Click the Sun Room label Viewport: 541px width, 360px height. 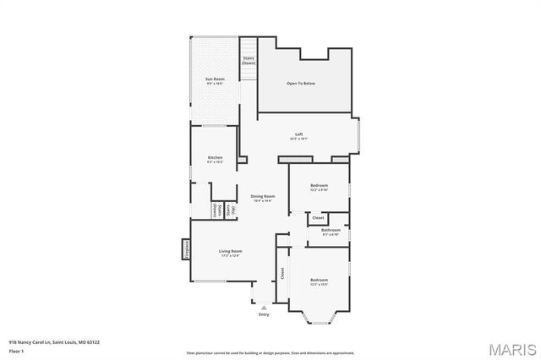tap(214, 79)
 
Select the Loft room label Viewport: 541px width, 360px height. tap(298, 134)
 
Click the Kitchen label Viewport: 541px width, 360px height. tap(215, 157)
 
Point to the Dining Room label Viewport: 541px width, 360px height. tap(263, 196)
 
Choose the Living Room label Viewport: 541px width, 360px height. tap(231, 251)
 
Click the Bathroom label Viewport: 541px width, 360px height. tap(331, 230)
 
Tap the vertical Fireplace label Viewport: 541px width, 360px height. tap(185, 249)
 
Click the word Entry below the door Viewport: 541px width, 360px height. tap(264, 315)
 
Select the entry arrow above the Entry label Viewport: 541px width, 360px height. tap(264, 307)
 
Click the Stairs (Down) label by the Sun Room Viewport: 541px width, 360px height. tap(249, 61)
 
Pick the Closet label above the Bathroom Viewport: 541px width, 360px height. tap(318, 218)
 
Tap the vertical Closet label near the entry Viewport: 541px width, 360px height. tap(282, 274)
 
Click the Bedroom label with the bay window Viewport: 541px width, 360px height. tap(319, 280)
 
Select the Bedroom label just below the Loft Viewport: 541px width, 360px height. tap(319, 185)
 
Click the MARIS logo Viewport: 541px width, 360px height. tap(511, 347)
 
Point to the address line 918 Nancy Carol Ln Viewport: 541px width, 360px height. tap(54, 342)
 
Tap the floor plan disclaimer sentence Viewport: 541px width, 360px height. tap(270, 352)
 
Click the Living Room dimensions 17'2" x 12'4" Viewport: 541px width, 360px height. tap(231, 255)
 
